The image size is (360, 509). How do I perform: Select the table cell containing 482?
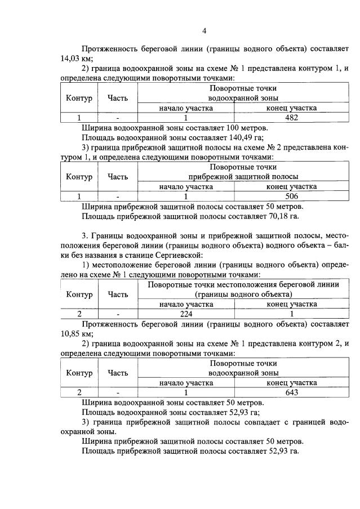(x=291, y=118)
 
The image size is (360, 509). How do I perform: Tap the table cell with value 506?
(x=291, y=197)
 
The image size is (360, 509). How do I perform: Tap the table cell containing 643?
(x=291, y=392)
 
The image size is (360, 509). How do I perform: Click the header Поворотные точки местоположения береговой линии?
(x=243, y=285)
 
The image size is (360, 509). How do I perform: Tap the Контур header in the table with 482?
(x=79, y=98)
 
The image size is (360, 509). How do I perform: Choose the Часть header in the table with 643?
(x=118, y=373)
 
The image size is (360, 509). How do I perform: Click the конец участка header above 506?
(x=291, y=186)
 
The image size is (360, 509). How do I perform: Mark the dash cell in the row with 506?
(x=118, y=197)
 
